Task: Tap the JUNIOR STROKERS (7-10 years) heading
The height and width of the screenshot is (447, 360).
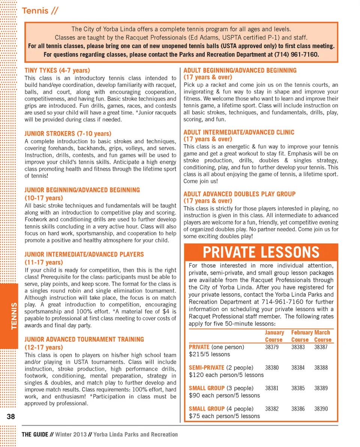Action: [x=67, y=134]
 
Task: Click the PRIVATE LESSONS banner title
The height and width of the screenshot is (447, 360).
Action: [x=261, y=252]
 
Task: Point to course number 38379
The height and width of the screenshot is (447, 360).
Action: [x=272, y=347]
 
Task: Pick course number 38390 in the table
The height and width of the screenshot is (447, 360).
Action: [x=321, y=409]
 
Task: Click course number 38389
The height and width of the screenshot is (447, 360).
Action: [x=321, y=388]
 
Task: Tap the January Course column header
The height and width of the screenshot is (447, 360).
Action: [x=274, y=336]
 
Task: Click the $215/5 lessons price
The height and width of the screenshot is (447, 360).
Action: [x=210, y=354]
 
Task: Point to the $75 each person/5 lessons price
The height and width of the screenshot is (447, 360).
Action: [x=224, y=416]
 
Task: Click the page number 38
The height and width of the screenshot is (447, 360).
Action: [x=10, y=417]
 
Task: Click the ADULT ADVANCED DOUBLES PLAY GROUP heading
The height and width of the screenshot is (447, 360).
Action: [x=239, y=194]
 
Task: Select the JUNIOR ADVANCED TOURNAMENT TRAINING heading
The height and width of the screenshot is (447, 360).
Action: [x=84, y=339]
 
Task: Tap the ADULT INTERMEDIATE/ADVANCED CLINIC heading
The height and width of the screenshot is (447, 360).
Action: [x=239, y=132]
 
